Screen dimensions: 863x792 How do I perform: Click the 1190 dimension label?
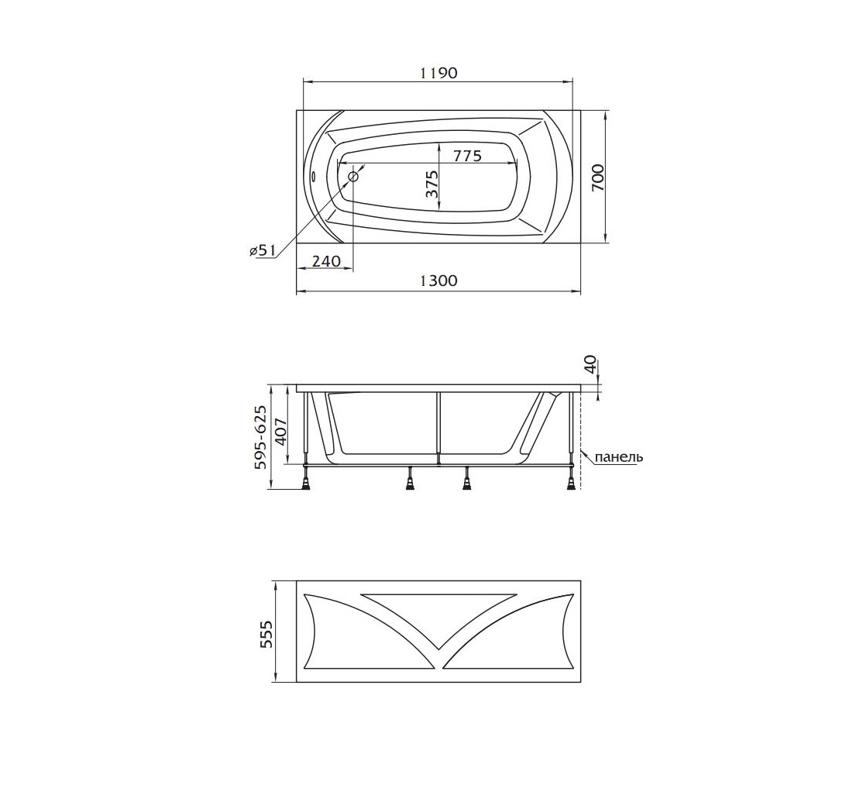pos(438,73)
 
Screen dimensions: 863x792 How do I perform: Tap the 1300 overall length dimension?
pos(438,281)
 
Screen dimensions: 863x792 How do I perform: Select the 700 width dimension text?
pos(598,177)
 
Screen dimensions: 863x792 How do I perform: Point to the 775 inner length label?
pos(467,156)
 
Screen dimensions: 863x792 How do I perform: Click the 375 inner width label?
pos(431,184)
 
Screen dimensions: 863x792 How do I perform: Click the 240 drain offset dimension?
pos(326,260)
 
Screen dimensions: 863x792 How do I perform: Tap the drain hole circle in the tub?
pos(353,177)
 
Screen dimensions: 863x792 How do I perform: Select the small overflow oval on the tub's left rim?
pos(313,177)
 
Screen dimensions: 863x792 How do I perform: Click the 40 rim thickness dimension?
pos(590,364)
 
